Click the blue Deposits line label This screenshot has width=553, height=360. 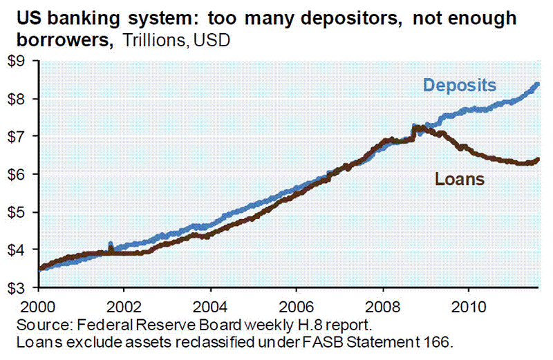(460, 86)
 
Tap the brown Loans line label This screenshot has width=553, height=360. (459, 180)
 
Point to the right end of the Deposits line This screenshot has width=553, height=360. (538, 84)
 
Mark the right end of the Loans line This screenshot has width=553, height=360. (538, 160)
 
